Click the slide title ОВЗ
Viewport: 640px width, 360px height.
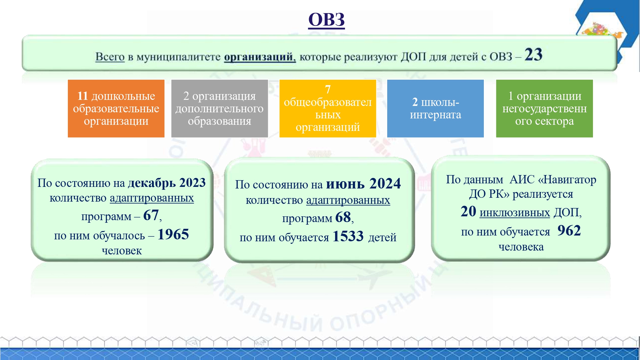pyautogui.click(x=326, y=20)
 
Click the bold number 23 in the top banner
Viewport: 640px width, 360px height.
pyautogui.click(x=533, y=54)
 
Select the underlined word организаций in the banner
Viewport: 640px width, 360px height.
pyautogui.click(x=260, y=57)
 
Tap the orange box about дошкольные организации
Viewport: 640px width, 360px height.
pyautogui.click(x=116, y=108)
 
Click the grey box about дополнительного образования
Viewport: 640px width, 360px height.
pyautogui.click(x=220, y=108)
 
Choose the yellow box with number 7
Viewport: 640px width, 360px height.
pyautogui.click(x=328, y=108)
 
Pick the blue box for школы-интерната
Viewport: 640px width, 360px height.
pyautogui.click(x=436, y=108)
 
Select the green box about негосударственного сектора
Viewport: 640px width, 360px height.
pyautogui.click(x=544, y=108)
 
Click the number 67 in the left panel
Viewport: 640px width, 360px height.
pyautogui.click(x=151, y=215)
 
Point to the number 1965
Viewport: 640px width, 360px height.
pyautogui.click(x=173, y=234)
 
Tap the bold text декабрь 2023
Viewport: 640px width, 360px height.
pyautogui.click(x=167, y=183)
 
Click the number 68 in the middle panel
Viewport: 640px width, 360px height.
pyautogui.click(x=343, y=217)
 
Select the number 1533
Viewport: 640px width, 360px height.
pyautogui.click(x=348, y=236)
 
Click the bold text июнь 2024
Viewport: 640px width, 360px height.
pyautogui.click(x=364, y=184)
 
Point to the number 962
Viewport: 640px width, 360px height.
pyautogui.click(x=569, y=230)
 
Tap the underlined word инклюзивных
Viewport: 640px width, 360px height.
pyautogui.click(x=515, y=213)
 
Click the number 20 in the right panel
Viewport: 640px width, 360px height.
pyautogui.click(x=468, y=212)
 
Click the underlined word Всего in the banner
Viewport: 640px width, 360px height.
pyautogui.click(x=110, y=57)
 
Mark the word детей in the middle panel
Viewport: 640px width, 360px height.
pyautogui.click(x=382, y=237)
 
